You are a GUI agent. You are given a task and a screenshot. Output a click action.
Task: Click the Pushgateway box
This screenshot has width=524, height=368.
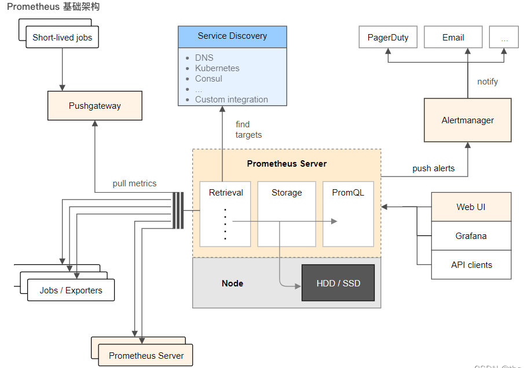click(x=95, y=106)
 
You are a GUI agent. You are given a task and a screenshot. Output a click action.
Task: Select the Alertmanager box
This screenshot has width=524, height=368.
click(x=468, y=120)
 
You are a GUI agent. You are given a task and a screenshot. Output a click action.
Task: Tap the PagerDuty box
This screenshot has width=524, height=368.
click(x=388, y=38)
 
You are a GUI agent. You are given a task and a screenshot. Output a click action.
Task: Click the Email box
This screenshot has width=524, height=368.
click(x=453, y=38)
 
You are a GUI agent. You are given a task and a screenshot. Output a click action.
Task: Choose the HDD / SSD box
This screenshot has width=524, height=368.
click(x=338, y=284)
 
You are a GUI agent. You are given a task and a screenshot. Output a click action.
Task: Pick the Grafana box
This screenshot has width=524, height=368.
click(x=471, y=236)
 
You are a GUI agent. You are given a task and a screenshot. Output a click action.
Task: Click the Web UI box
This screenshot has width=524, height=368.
click(x=471, y=207)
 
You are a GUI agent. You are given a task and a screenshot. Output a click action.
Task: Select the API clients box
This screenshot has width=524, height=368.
click(x=471, y=265)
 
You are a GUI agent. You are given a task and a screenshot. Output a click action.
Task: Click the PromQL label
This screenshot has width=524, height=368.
click(x=348, y=193)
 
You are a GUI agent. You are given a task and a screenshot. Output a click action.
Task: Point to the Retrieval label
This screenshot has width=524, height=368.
click(x=226, y=193)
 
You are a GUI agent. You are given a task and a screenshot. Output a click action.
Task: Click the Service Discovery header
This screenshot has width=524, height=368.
click(x=232, y=36)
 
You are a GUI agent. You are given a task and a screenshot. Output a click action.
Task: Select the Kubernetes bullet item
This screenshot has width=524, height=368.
click(x=217, y=68)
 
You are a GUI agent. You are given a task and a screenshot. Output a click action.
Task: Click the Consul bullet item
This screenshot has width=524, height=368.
click(x=208, y=79)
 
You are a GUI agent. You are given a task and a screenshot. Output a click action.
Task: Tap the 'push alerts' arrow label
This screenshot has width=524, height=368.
click(x=434, y=168)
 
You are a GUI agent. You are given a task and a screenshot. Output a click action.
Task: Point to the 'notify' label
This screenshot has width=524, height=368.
click(x=488, y=82)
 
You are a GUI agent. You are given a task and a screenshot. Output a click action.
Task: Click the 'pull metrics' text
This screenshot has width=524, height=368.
click(x=134, y=183)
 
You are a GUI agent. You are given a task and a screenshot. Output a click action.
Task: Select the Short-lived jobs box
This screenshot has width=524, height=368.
click(x=62, y=38)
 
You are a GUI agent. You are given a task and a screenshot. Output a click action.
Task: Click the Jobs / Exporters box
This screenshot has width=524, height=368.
click(x=71, y=290)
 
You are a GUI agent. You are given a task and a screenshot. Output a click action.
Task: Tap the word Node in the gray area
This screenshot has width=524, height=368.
click(x=232, y=284)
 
